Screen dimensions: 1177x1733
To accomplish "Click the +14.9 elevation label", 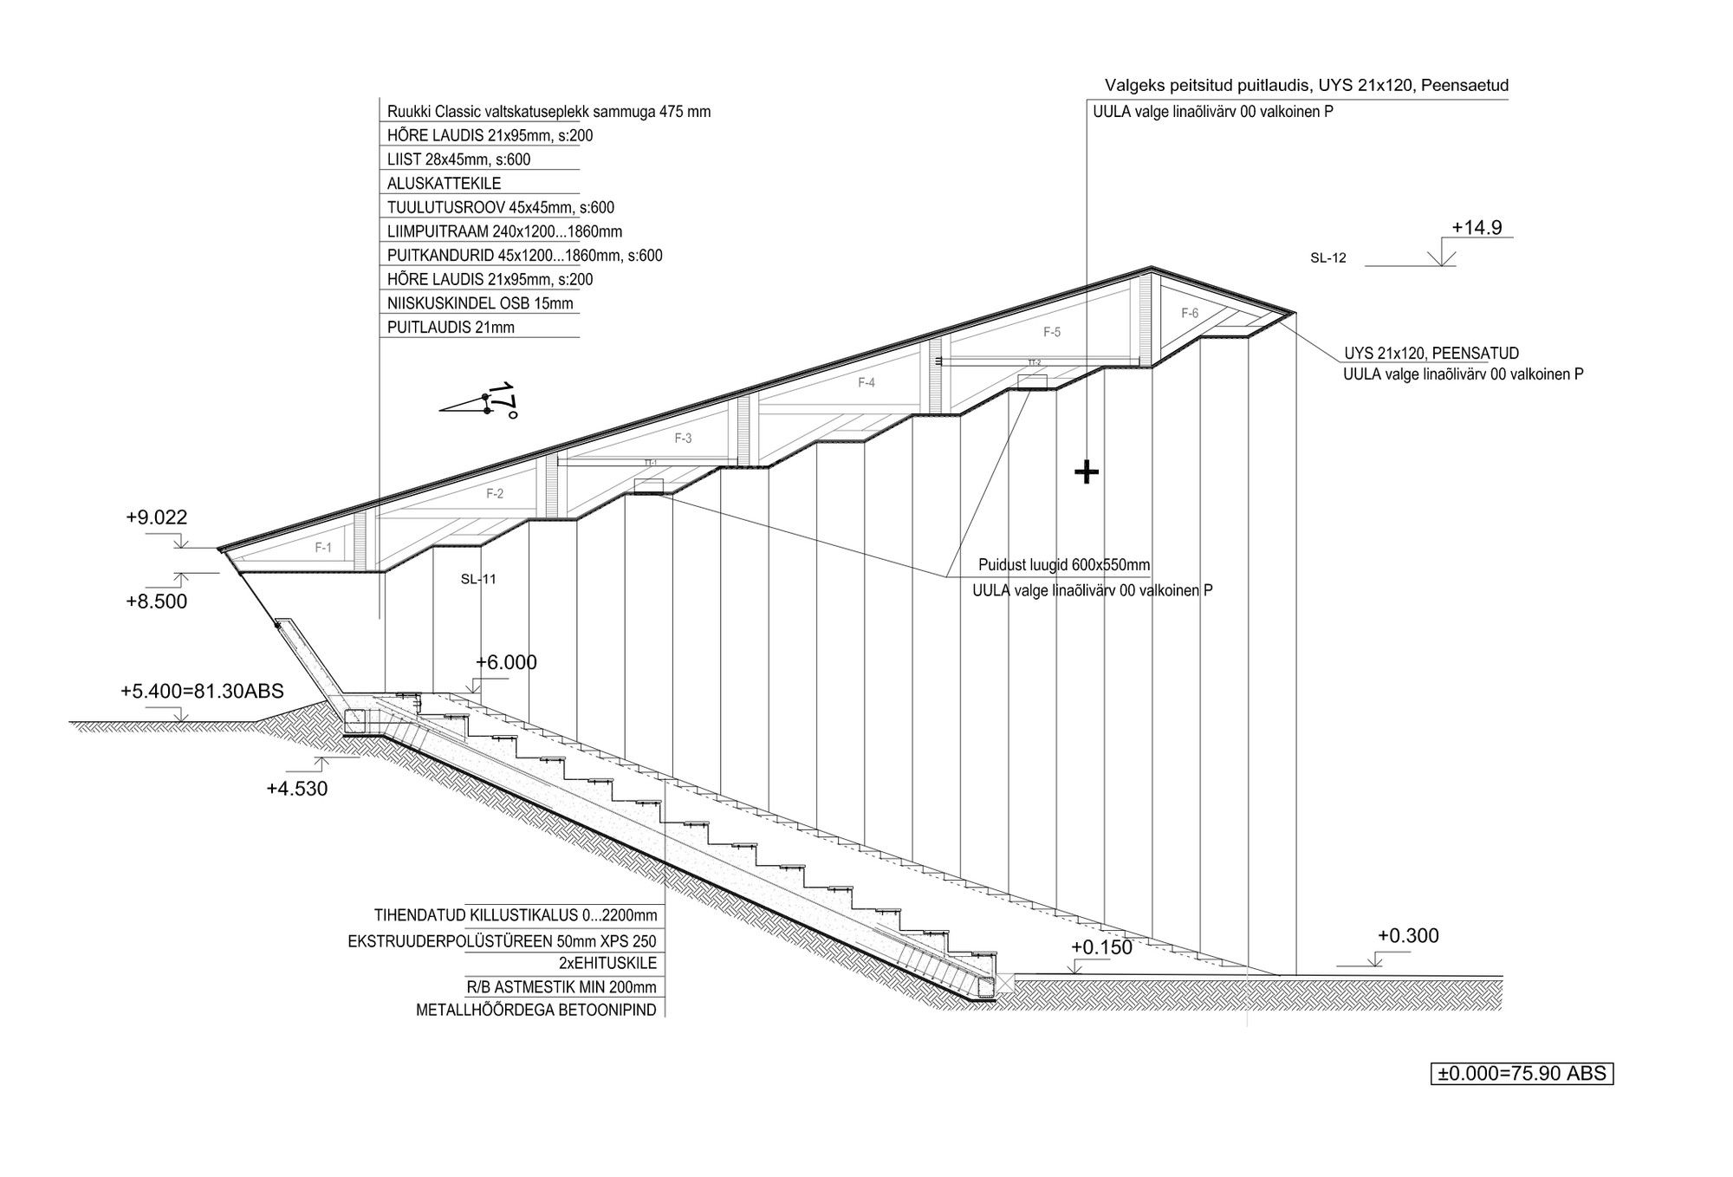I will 1477,228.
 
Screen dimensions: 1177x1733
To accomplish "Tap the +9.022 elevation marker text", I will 156,517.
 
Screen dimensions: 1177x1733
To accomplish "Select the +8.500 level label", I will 156,602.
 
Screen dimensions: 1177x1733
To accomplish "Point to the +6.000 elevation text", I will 506,663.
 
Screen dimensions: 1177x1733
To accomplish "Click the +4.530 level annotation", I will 296,789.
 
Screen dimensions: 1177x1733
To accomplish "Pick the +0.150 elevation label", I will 1101,947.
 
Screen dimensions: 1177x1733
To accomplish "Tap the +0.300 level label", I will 1408,936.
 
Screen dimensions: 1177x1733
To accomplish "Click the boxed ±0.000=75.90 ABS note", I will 1522,1074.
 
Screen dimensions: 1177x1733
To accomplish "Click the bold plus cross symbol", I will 1087,472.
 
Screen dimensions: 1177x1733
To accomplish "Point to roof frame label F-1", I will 323,548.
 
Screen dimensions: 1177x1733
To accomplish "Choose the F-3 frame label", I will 683,439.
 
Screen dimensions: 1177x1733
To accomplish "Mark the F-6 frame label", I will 1190,314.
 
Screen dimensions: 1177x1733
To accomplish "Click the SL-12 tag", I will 1328,258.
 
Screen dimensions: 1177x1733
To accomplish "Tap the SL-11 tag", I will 478,579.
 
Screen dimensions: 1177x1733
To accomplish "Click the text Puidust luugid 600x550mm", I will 1064,565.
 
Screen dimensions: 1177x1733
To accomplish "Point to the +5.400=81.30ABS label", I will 202,691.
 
